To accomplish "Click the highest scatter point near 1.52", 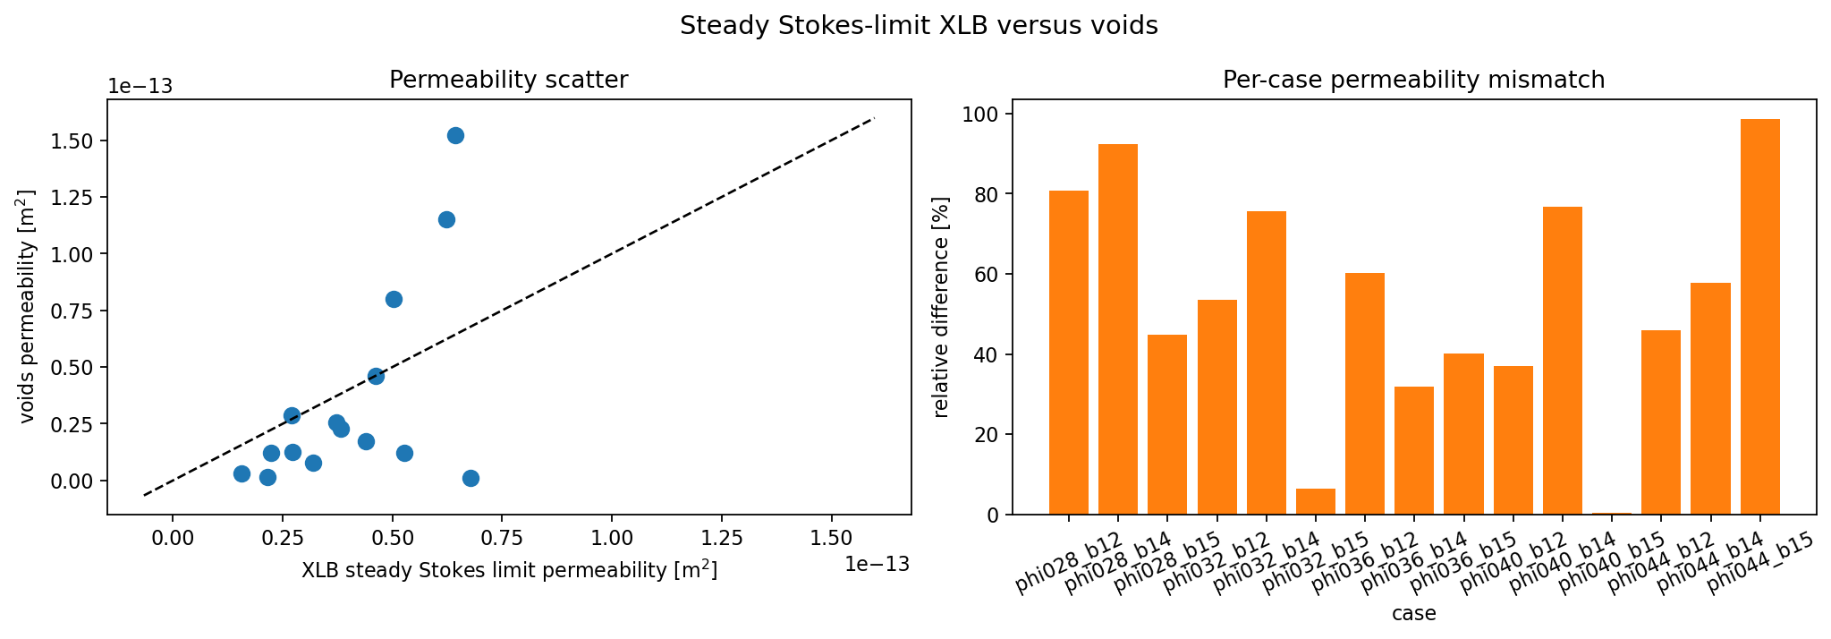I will point(455,136).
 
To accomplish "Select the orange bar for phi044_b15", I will point(1759,317).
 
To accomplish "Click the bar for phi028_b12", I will point(1068,353).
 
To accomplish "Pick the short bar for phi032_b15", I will point(1315,502).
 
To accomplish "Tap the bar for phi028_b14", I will point(1117,329).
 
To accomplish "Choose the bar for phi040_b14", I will point(1562,361).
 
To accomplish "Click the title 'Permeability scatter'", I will point(508,81).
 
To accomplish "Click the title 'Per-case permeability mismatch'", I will point(1413,81).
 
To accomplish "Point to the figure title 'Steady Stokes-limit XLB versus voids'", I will point(919,26).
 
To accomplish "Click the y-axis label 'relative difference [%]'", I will point(941,306).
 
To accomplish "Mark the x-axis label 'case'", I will point(1413,614).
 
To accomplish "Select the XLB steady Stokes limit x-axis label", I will point(509,571).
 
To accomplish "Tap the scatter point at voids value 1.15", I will point(446,219).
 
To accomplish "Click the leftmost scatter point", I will point(242,473).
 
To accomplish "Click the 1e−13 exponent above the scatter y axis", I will point(140,87).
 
